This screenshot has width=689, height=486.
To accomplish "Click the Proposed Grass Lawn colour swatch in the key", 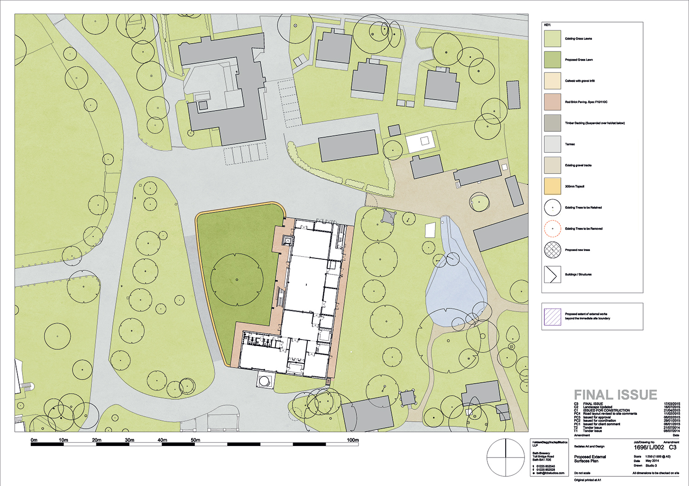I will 553,60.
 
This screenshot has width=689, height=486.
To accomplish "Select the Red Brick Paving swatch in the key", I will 553,102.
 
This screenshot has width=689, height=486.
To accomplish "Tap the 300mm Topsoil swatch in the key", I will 553,186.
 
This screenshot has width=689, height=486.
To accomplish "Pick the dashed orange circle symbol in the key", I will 553,229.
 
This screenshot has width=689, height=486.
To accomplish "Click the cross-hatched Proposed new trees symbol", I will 553,250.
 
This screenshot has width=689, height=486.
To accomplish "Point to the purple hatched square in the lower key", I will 553,317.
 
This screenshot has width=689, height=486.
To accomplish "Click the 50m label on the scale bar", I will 195,440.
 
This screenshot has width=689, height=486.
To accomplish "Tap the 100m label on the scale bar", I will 352,440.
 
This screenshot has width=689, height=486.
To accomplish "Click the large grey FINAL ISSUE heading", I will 616,395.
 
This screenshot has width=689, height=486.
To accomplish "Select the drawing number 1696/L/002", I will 649,447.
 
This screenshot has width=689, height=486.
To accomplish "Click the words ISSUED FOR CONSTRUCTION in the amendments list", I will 606,410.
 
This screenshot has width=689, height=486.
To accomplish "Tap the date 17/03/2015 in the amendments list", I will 672,404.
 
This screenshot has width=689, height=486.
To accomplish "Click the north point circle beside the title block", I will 505,457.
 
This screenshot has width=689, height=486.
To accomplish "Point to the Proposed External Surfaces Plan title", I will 590,459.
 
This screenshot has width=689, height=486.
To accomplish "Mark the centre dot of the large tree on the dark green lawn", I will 237,279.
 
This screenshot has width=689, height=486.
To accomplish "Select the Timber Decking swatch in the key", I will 553,123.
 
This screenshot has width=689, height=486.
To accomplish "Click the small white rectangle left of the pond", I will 430,230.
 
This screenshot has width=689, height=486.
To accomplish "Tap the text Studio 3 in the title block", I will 651,465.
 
